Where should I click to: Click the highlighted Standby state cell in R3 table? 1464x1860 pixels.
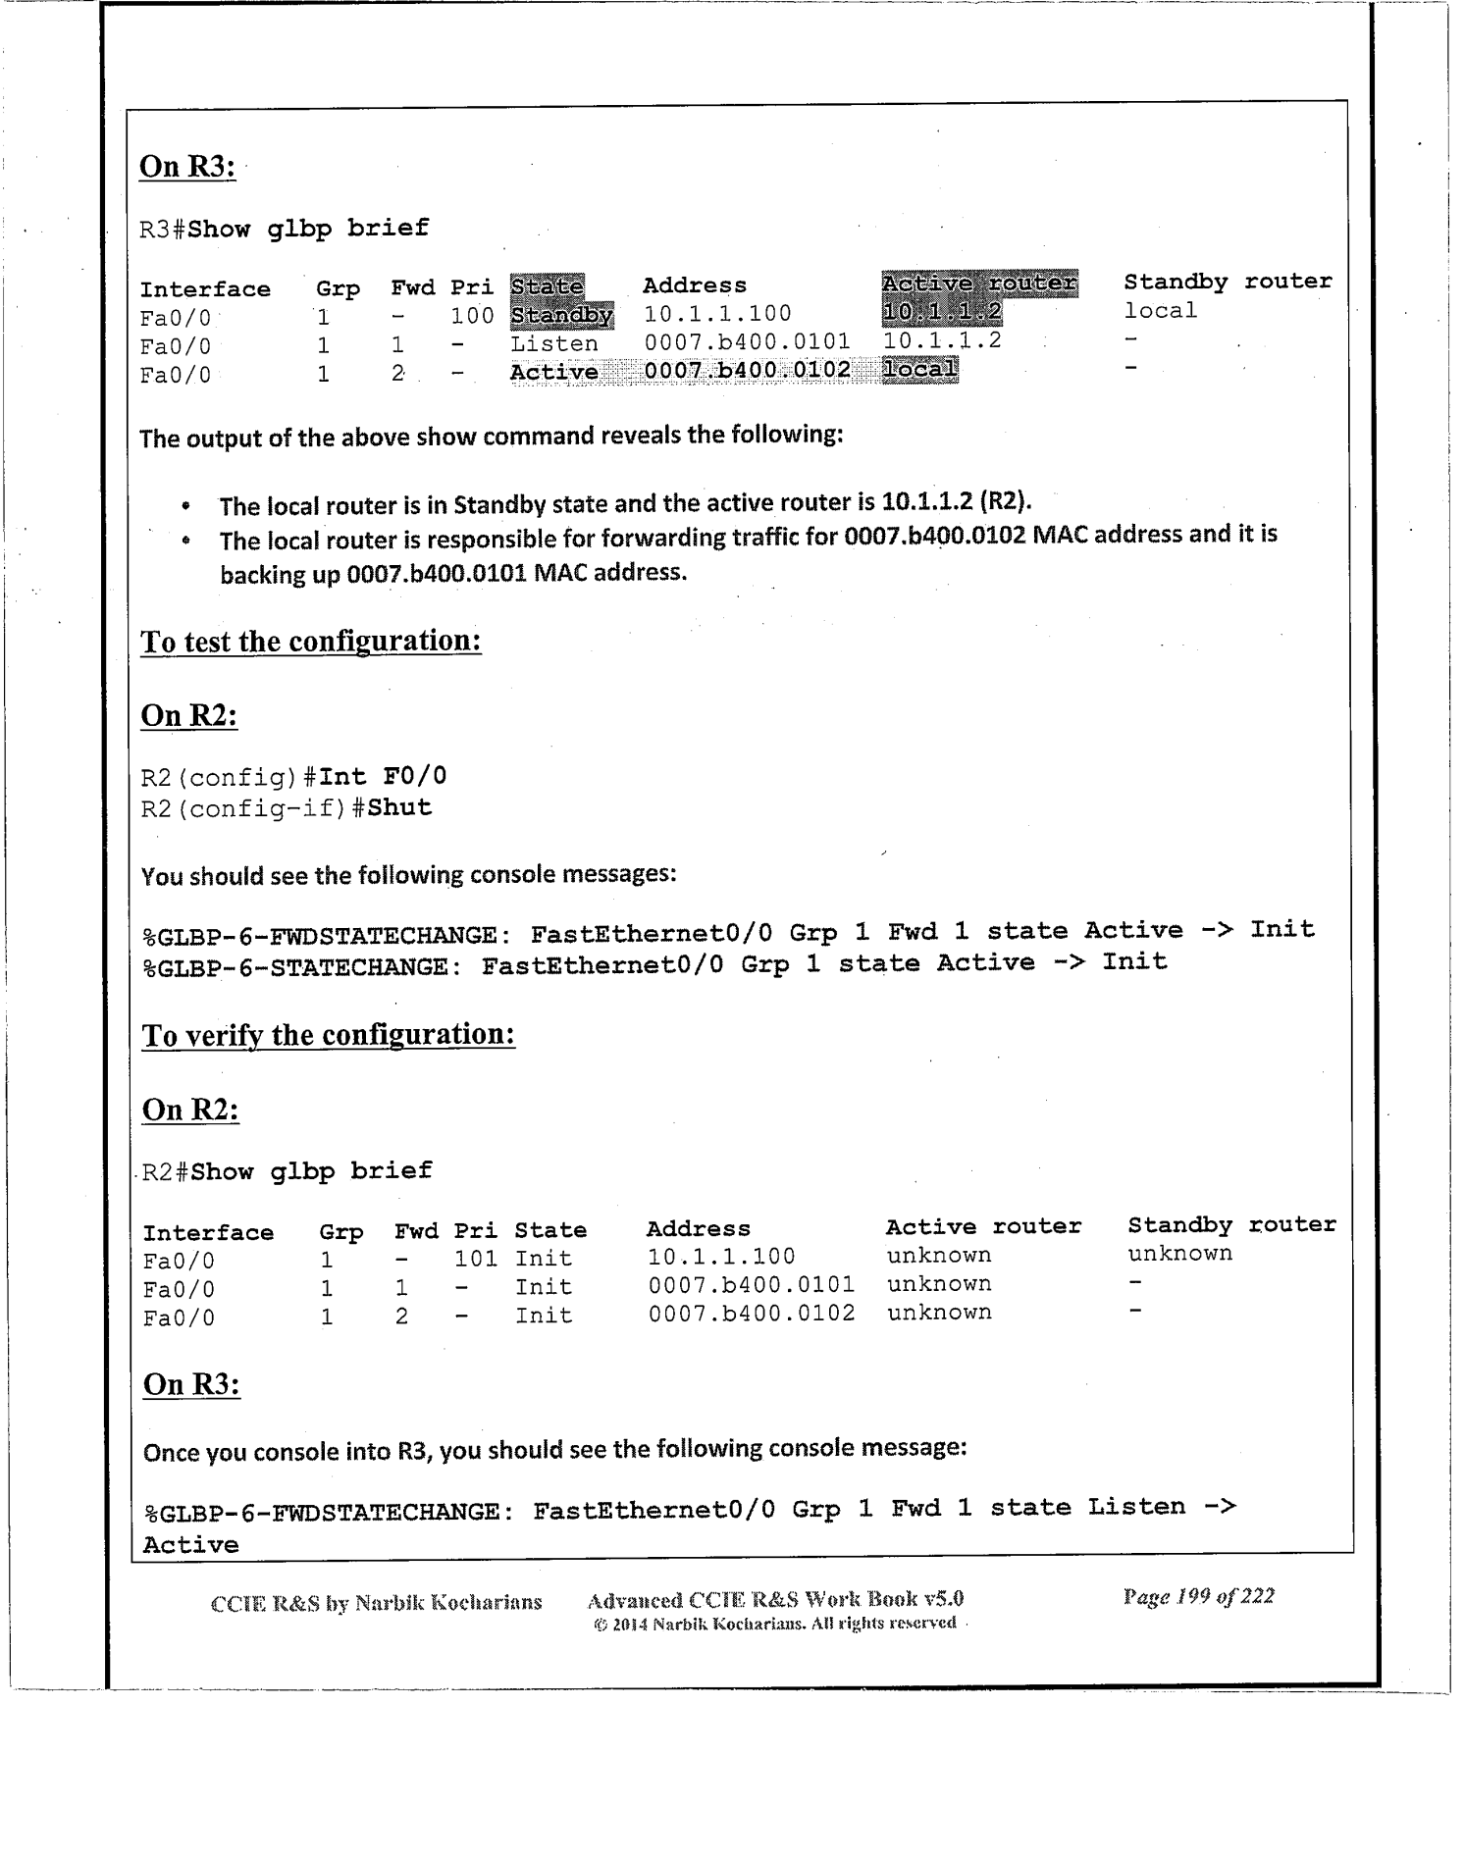pos(561,316)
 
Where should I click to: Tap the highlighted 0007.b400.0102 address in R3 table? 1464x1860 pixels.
pos(747,371)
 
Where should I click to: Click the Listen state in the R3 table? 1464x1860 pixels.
pos(553,344)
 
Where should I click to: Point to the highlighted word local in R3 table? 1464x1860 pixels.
pos(919,369)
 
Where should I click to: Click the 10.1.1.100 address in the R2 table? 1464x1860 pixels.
pos(721,1257)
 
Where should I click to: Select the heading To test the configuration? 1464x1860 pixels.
pos(311,642)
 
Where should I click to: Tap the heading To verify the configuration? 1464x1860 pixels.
pos(329,1035)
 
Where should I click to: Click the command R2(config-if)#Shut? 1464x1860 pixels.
pos(287,808)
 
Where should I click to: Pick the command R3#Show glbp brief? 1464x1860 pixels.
pos(285,229)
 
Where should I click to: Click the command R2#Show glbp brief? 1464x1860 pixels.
pos(288,1171)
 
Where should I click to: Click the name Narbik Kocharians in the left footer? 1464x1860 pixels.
pos(447,1603)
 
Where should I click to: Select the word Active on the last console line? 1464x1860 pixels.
pos(190,1545)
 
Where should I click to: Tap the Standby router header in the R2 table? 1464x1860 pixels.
pos(1231,1225)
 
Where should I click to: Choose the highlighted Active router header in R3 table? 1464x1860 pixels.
pos(978,284)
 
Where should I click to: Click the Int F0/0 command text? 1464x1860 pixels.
pos(383,777)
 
